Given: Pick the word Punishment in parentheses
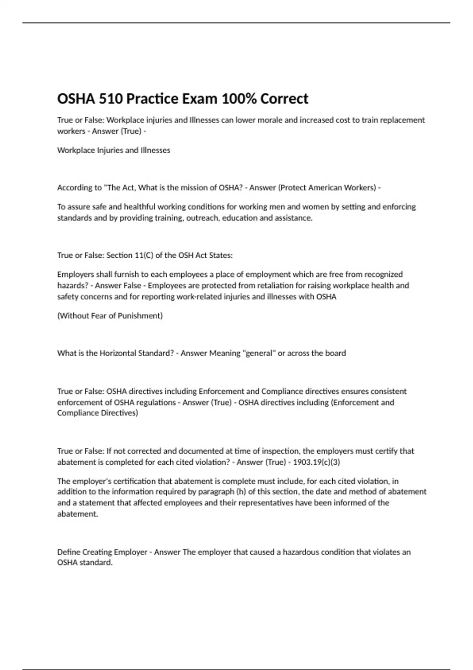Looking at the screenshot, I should [143, 316].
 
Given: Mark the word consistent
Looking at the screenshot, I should [388, 391].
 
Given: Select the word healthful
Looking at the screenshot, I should [140, 207].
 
